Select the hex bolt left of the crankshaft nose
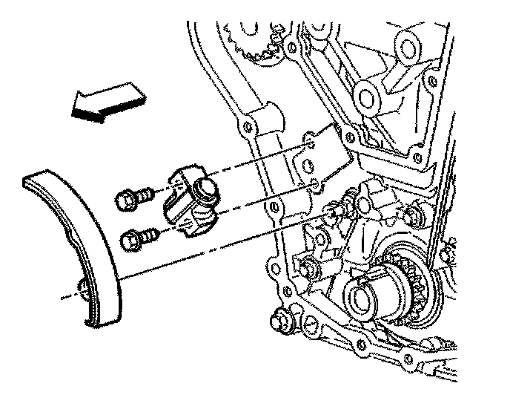point(305,262)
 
